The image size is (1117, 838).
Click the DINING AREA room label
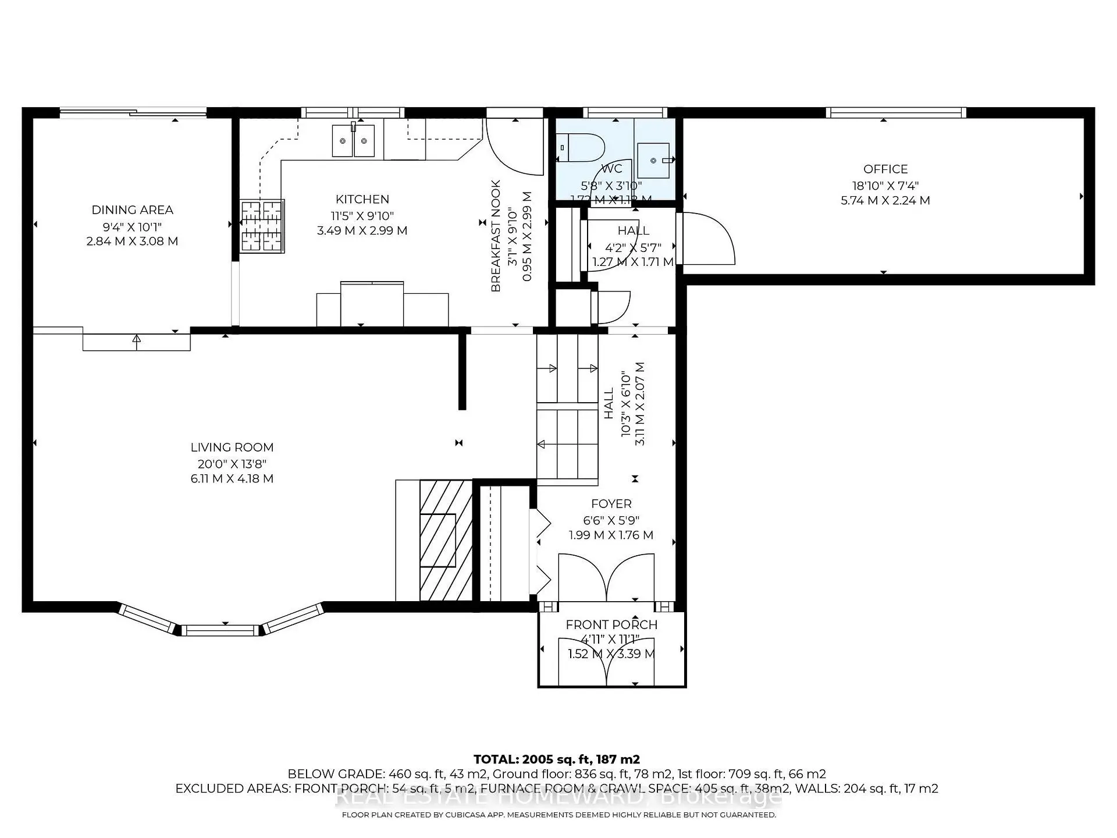(x=132, y=210)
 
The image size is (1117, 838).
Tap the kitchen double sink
(x=353, y=141)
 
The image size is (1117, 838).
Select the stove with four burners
(x=262, y=226)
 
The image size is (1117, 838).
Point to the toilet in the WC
(x=579, y=148)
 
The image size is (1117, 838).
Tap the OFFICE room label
(x=885, y=169)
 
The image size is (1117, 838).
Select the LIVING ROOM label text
(x=232, y=448)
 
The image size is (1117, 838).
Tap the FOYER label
(x=611, y=504)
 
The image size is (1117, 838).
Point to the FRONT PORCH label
(x=611, y=625)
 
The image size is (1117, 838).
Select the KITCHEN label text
(x=362, y=200)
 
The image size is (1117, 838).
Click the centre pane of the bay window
(x=220, y=630)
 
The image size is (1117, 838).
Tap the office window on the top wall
(x=895, y=112)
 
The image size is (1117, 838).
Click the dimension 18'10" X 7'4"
(x=885, y=186)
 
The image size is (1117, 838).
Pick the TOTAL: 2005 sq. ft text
(x=556, y=759)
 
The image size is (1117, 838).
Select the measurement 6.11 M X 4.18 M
(x=232, y=479)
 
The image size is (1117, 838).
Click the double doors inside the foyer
(x=606, y=577)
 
